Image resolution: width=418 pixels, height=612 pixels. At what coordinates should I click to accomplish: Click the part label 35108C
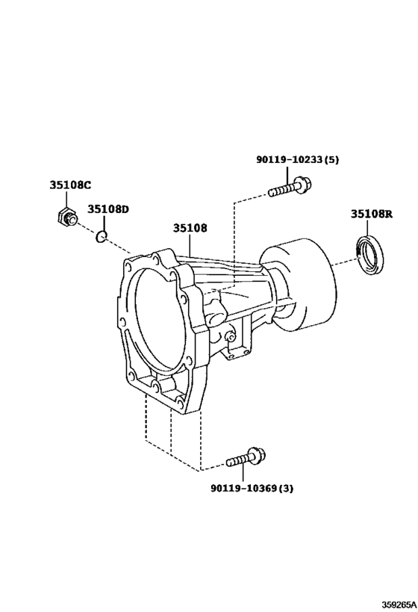click(x=70, y=185)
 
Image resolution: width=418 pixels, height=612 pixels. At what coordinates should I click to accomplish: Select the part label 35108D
click(x=107, y=209)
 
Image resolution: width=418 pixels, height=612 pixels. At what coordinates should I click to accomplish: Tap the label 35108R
click(x=371, y=214)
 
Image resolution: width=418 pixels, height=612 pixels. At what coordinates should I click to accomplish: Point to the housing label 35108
click(x=190, y=228)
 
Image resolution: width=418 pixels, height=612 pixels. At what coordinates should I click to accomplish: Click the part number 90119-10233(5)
click(x=298, y=159)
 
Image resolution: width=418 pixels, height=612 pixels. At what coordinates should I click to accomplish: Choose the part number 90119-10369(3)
click(x=252, y=488)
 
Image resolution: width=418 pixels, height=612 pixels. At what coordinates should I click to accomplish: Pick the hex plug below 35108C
click(x=65, y=217)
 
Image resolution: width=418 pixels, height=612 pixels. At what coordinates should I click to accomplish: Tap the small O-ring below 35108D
click(x=102, y=236)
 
